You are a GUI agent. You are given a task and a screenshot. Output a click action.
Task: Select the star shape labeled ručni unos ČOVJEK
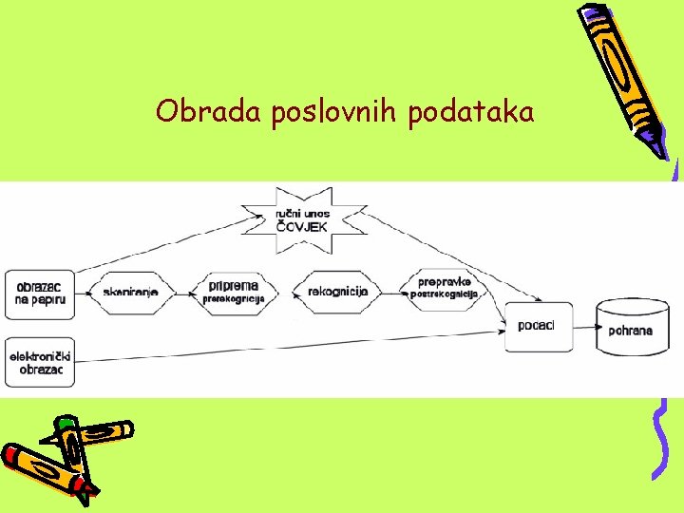[303, 219]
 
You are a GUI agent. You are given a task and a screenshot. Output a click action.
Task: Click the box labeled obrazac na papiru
[39, 293]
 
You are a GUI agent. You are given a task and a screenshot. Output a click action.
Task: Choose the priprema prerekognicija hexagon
[233, 292]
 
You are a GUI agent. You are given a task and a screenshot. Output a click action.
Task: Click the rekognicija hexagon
[338, 292]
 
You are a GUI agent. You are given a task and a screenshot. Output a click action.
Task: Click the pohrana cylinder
[631, 328]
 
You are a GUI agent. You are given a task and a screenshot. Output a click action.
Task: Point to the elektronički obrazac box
[40, 362]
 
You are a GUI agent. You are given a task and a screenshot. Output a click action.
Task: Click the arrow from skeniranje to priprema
[186, 293]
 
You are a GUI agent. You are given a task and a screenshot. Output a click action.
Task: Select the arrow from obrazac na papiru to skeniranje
[82, 293]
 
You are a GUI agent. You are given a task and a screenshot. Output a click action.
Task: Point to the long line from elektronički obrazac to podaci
[285, 346]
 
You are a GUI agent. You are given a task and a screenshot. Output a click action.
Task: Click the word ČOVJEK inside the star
[303, 227]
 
